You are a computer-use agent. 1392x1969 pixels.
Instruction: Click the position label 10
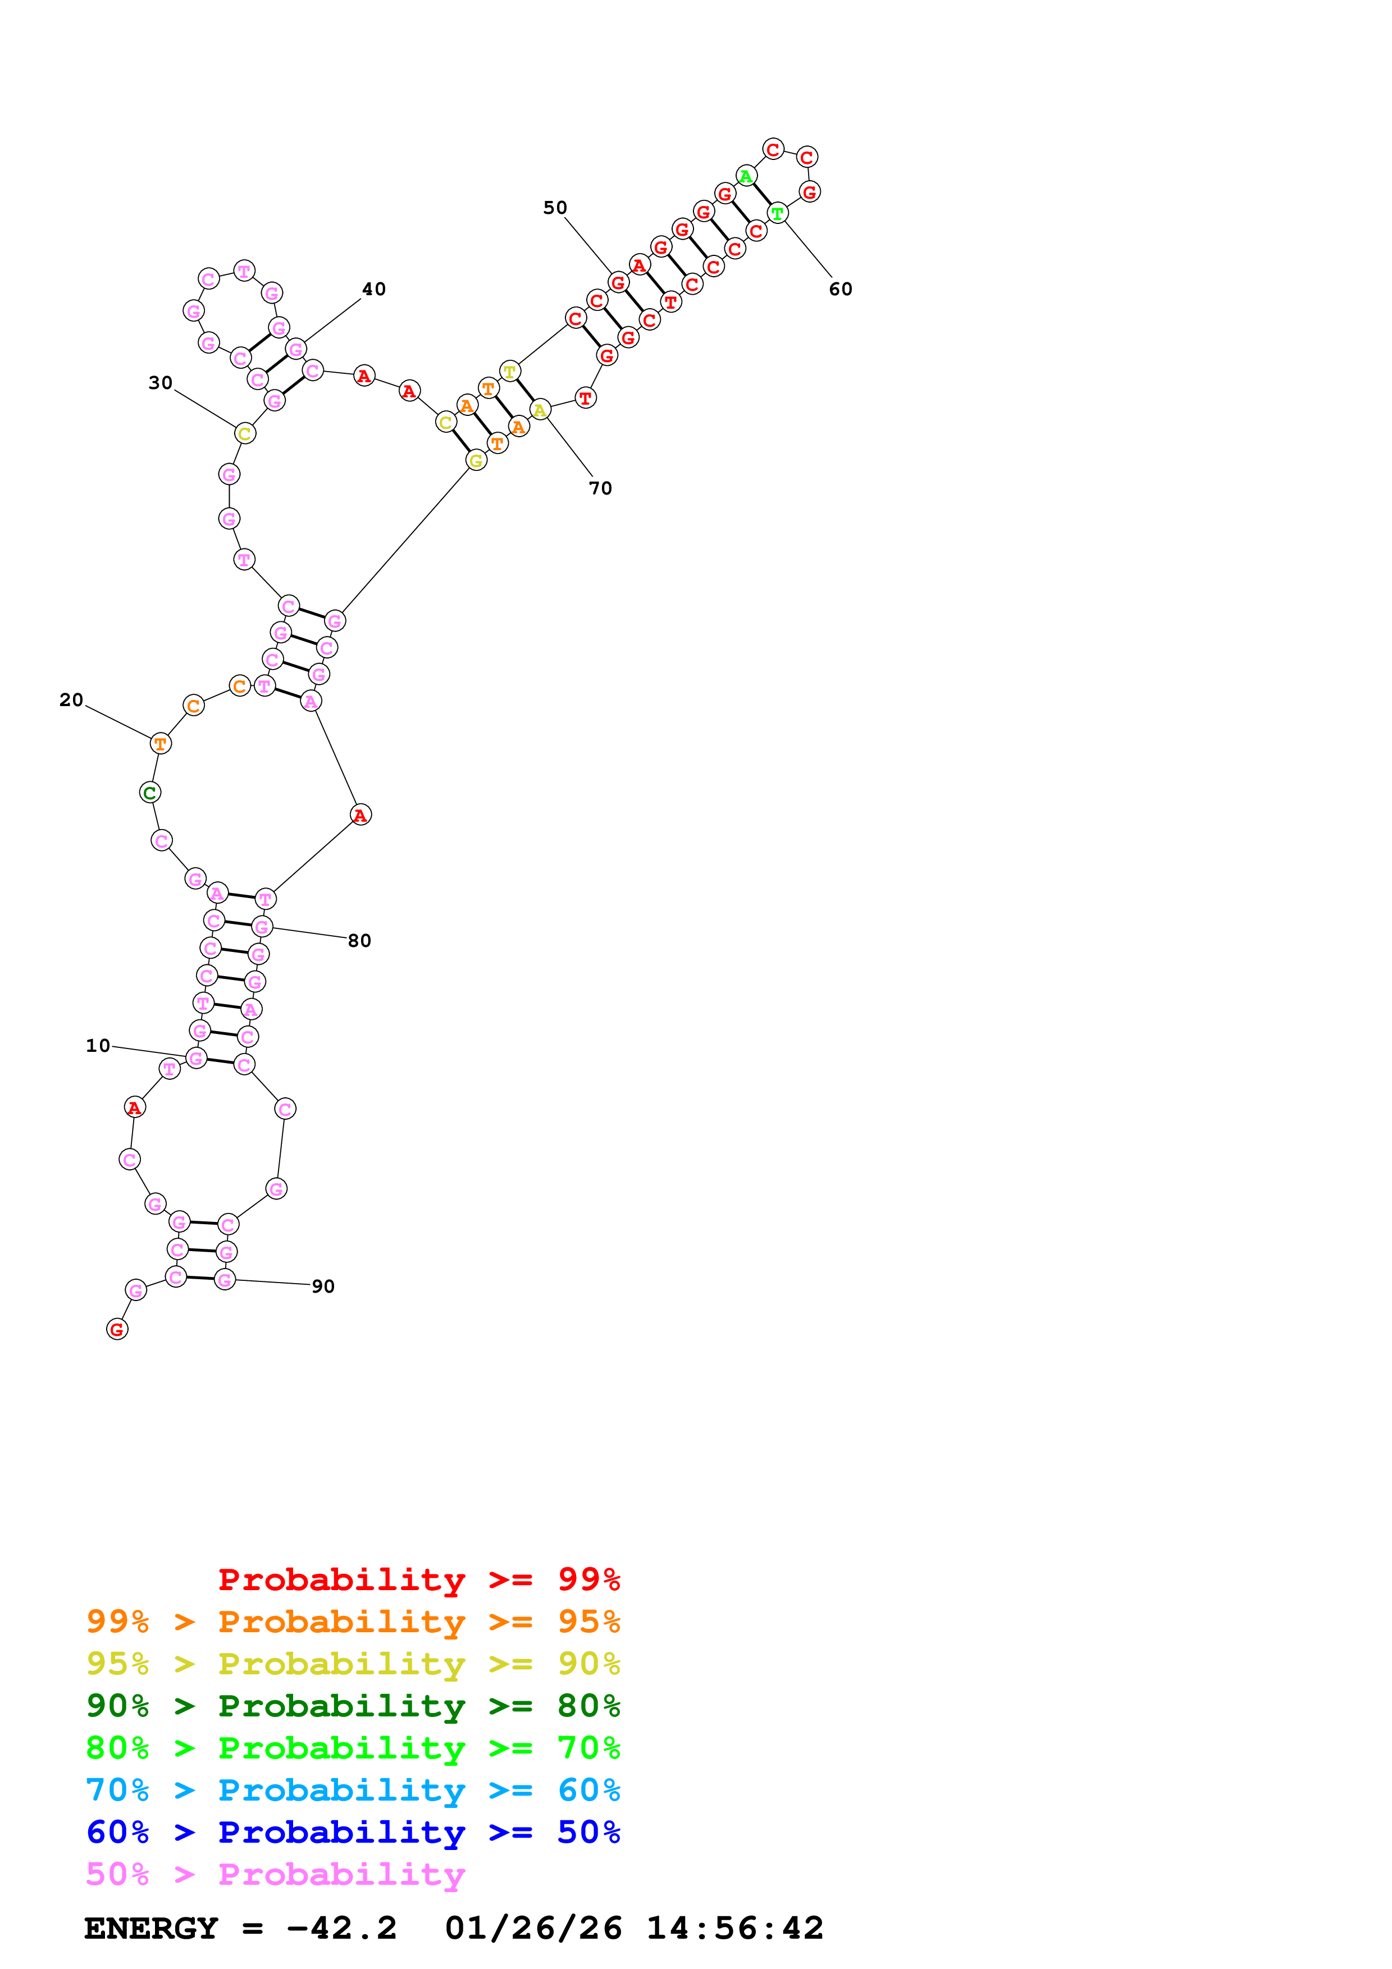tap(98, 1045)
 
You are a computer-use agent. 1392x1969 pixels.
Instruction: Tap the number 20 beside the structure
tap(71, 700)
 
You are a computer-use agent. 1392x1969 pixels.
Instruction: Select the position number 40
tap(374, 289)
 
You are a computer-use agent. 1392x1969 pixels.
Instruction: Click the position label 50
tap(555, 208)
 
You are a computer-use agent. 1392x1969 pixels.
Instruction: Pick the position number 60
tap(841, 289)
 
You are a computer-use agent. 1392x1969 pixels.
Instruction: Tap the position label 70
tap(600, 488)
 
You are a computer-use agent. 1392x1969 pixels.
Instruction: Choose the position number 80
tap(359, 941)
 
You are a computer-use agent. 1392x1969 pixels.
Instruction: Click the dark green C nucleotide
tap(150, 793)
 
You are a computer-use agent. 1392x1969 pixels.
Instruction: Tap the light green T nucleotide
tap(777, 213)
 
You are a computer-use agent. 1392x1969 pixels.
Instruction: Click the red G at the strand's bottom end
tap(117, 1329)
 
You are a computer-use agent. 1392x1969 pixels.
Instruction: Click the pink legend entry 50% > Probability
tap(275, 1875)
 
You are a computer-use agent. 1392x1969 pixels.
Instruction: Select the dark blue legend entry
tap(353, 1832)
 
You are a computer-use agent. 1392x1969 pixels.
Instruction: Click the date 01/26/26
tap(533, 1928)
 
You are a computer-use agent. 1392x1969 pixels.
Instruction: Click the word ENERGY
tap(151, 1928)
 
